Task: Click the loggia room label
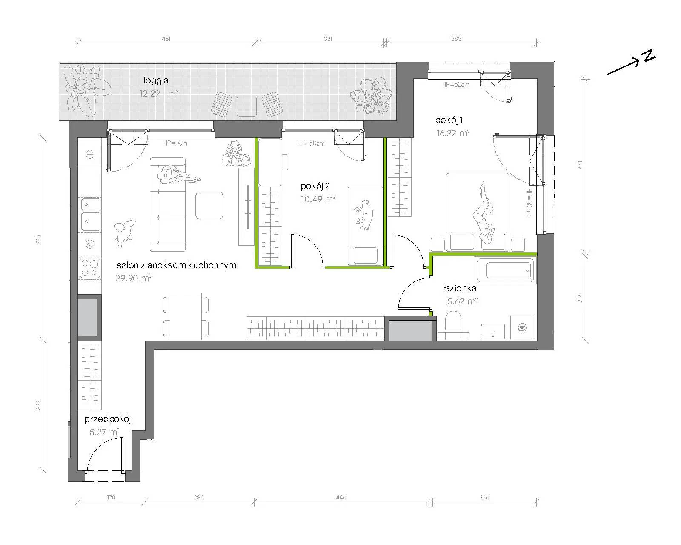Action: (x=156, y=81)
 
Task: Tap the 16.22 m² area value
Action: (x=452, y=133)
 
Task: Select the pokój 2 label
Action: (x=315, y=186)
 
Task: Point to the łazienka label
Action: (x=459, y=288)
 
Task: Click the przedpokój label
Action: (x=108, y=419)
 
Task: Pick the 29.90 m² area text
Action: (x=133, y=278)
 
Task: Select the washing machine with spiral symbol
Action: (x=522, y=327)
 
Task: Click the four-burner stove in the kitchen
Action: (x=90, y=268)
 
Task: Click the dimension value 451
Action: (x=166, y=39)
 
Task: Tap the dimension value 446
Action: (x=341, y=497)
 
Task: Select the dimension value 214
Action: (x=580, y=298)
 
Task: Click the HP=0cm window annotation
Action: (x=175, y=143)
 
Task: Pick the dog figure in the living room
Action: (x=124, y=233)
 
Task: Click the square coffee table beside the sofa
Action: (x=209, y=205)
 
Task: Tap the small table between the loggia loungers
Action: (x=246, y=106)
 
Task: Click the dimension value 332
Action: (x=39, y=406)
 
